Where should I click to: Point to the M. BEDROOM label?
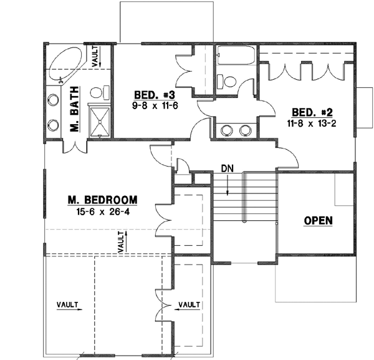tap(102, 200)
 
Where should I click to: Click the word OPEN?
tap(318, 220)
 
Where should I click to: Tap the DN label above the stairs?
tap(228, 168)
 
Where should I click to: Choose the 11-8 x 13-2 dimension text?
tap(312, 124)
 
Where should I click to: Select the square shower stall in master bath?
tap(99, 119)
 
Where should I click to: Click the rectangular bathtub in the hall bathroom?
tap(234, 58)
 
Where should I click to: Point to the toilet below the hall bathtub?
tap(227, 81)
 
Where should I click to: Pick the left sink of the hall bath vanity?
tap(226, 130)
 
